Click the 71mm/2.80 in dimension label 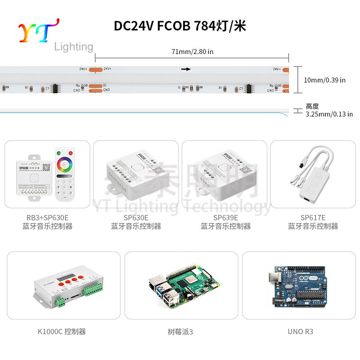pyautogui.click(x=192, y=51)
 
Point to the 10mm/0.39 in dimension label pyautogui.click(x=324, y=80)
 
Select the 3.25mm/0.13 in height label pyautogui.click(x=329, y=114)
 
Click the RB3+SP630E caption pyautogui.click(x=47, y=218)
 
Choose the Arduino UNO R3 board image pyautogui.click(x=300, y=286)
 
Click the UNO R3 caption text pyautogui.click(x=300, y=332)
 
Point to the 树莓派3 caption pyautogui.click(x=180, y=332)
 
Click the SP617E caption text pyautogui.click(x=313, y=218)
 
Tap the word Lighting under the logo pyautogui.click(x=73, y=47)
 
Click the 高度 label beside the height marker pyautogui.click(x=312, y=107)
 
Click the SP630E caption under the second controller pyautogui.click(x=136, y=218)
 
